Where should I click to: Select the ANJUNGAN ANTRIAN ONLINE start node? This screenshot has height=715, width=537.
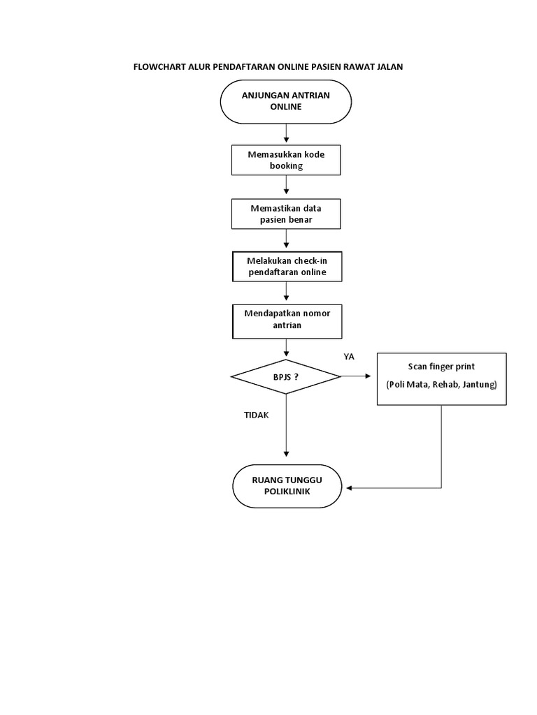click(286, 101)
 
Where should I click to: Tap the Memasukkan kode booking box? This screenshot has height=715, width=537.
click(286, 160)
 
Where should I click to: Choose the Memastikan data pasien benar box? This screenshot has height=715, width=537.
click(286, 214)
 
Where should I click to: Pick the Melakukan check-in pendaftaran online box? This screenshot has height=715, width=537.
click(286, 266)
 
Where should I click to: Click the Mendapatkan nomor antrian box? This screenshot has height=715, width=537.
click(286, 319)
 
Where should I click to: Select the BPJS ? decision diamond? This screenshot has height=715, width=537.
click(286, 377)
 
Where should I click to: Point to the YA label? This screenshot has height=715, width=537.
click(349, 357)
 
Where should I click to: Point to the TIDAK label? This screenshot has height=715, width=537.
click(256, 415)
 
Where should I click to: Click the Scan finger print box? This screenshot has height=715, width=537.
click(441, 378)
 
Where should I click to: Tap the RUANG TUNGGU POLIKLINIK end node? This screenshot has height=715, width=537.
click(286, 485)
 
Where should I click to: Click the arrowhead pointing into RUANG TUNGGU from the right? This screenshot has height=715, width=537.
click(351, 487)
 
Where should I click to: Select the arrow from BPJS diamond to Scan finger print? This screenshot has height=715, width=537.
click(358, 377)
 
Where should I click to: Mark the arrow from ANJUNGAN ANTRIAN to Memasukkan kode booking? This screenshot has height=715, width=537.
click(287, 133)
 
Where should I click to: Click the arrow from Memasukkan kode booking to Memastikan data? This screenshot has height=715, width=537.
click(287, 186)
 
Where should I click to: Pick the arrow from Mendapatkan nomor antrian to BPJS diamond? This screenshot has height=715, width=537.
click(287, 348)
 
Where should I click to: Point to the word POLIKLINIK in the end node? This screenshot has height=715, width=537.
click(286, 492)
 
